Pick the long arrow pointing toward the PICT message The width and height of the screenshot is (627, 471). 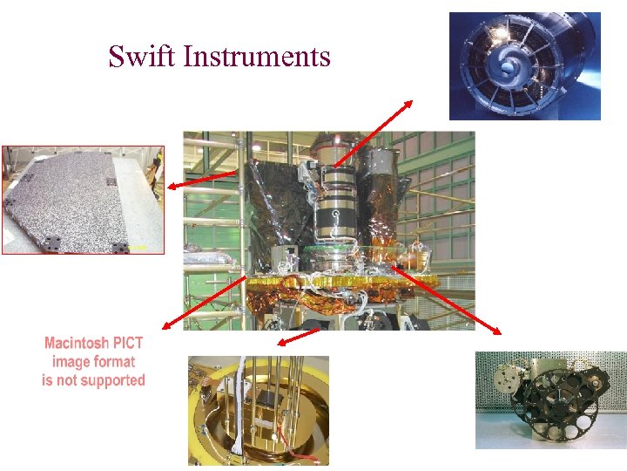(x=205, y=303)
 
